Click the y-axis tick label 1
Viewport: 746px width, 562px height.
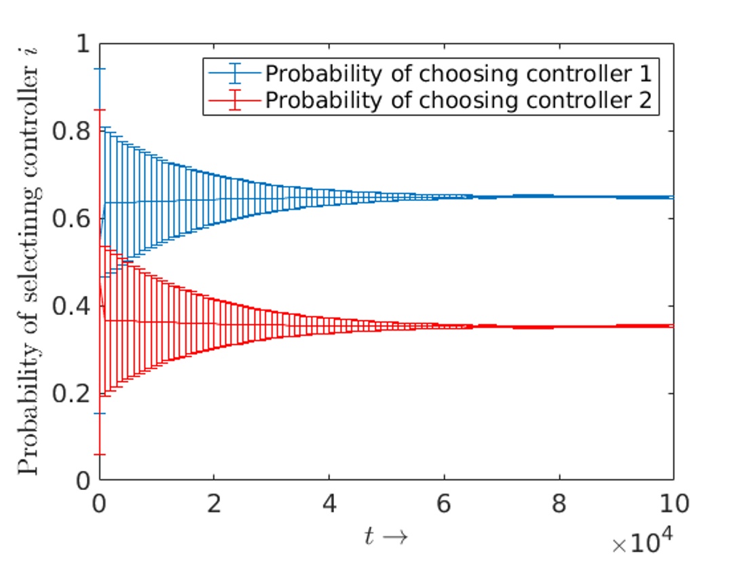coord(83,44)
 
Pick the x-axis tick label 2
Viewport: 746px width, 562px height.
coord(215,504)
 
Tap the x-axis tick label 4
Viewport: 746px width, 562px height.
coord(329,504)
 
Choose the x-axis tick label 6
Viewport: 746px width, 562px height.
coord(444,504)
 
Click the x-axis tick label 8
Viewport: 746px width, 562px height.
coord(559,504)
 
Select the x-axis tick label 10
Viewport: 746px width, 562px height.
coord(672,504)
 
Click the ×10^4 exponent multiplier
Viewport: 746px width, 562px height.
coord(641,544)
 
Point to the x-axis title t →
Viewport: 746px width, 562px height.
coord(386,536)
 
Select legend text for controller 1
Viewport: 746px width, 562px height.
coord(458,72)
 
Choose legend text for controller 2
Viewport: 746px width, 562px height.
coord(458,100)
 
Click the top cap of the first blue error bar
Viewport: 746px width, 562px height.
coord(100,69)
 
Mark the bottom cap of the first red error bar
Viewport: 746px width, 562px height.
coord(100,454)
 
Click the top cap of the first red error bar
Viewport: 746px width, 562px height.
coord(100,109)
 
